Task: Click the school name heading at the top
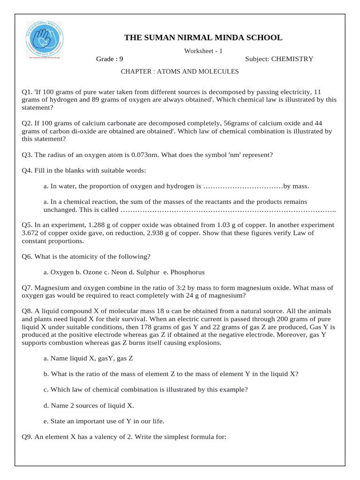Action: point(203,37)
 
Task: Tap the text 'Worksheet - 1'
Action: point(203,51)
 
